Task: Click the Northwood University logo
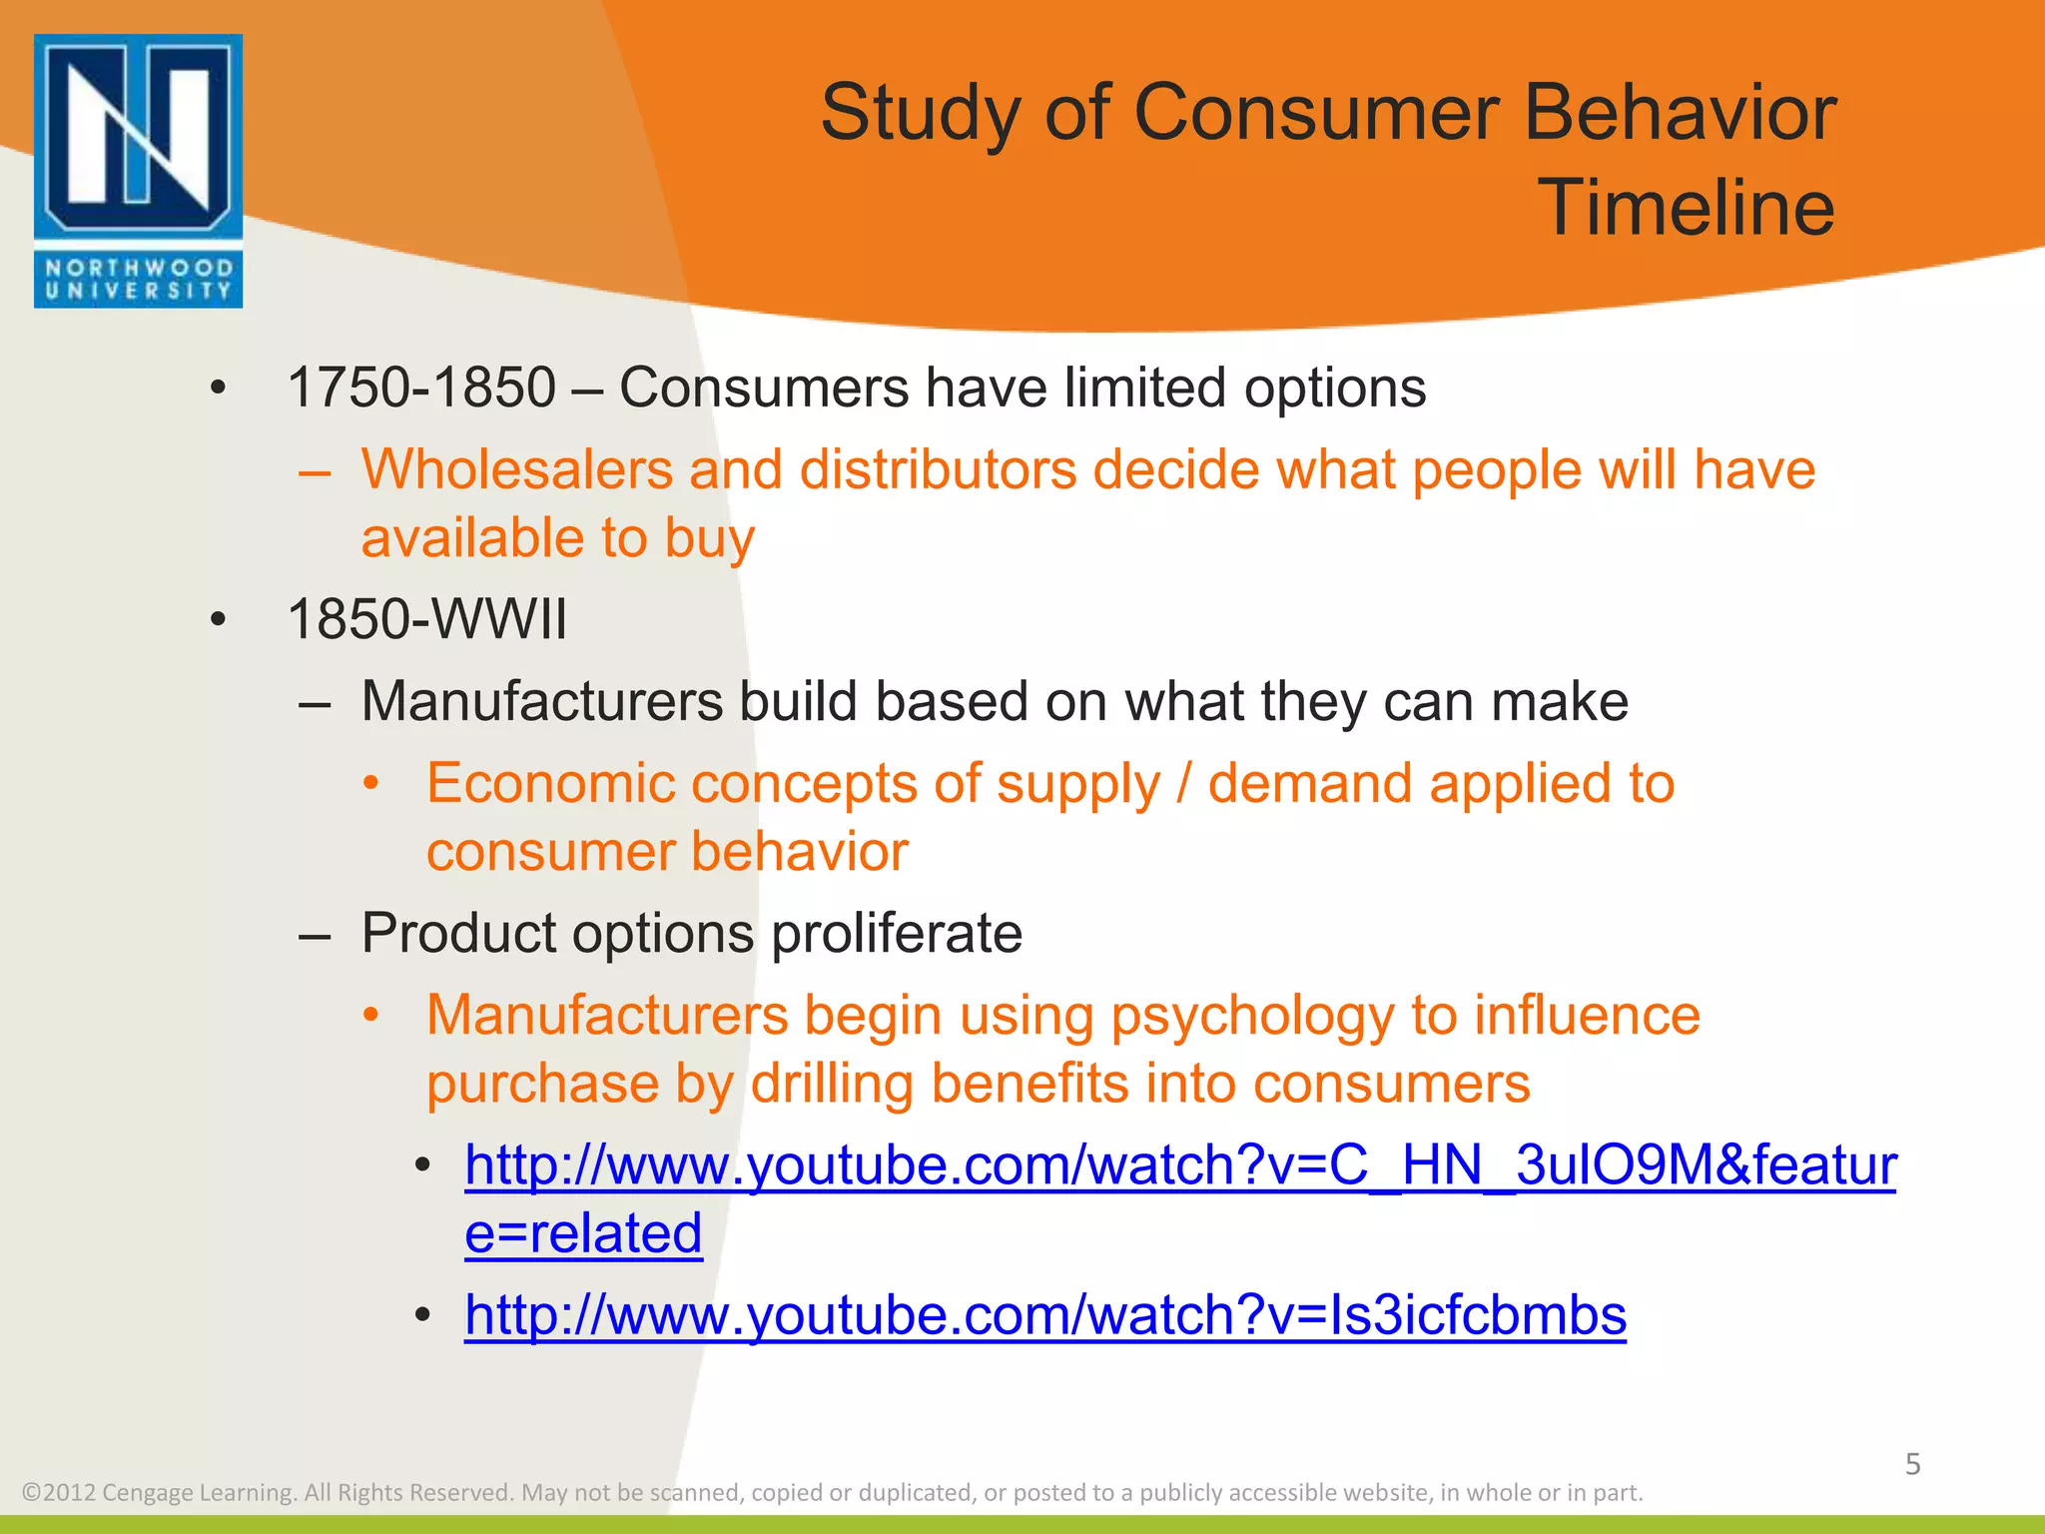point(138,171)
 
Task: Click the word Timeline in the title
point(1686,208)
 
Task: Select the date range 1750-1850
point(420,387)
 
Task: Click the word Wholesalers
point(516,469)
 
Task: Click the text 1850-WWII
point(426,619)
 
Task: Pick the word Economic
point(550,783)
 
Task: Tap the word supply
point(1077,785)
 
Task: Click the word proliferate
point(897,934)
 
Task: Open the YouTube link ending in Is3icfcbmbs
point(1044,1315)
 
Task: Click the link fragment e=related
point(583,1233)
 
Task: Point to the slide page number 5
point(1912,1464)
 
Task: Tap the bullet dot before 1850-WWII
point(219,620)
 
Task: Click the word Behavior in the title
point(1680,114)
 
